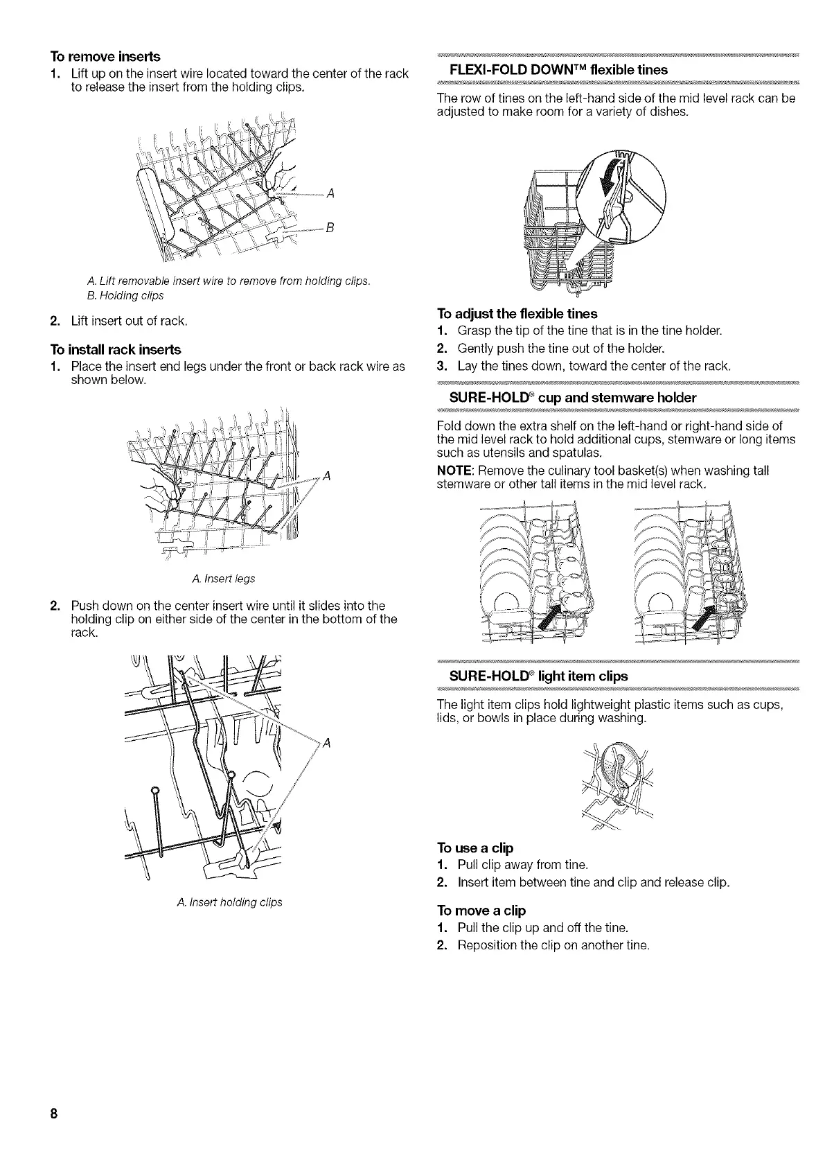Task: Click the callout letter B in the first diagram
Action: pyautogui.click(x=330, y=229)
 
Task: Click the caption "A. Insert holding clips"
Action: pyautogui.click(x=229, y=902)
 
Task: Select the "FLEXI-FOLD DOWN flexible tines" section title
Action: pyautogui.click(x=558, y=69)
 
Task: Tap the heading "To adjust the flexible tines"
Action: pyautogui.click(x=517, y=313)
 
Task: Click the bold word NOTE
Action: pyautogui.click(x=454, y=471)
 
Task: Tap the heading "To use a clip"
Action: pyautogui.click(x=474, y=848)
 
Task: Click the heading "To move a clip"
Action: pyautogui.click(x=481, y=910)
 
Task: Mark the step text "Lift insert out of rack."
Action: pyautogui.click(x=129, y=321)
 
